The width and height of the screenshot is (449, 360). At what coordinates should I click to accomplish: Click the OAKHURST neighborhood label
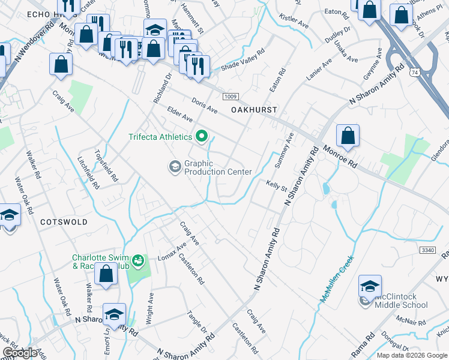(x=254, y=110)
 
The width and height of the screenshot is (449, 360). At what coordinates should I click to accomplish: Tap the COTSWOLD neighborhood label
(x=64, y=222)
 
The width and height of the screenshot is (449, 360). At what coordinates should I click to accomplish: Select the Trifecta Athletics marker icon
(x=202, y=137)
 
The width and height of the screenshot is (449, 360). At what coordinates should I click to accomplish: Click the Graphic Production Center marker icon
(x=175, y=166)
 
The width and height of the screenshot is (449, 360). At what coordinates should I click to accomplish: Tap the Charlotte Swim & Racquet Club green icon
(x=139, y=260)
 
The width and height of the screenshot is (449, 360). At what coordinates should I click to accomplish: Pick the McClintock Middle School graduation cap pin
(x=370, y=286)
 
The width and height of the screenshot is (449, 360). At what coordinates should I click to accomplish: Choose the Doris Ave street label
(x=204, y=106)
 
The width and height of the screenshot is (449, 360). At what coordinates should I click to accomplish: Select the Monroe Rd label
(x=340, y=157)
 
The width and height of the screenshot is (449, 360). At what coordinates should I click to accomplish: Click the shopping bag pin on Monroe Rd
(x=348, y=137)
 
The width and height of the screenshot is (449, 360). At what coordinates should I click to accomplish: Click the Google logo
(x=20, y=353)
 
